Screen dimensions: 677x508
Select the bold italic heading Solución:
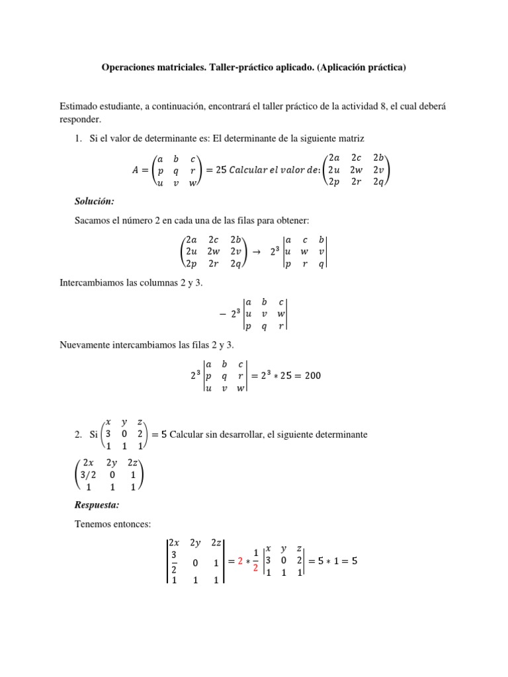click(97, 200)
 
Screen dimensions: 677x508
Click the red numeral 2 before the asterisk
click(241, 561)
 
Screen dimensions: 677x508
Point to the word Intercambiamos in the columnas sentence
click(93, 284)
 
